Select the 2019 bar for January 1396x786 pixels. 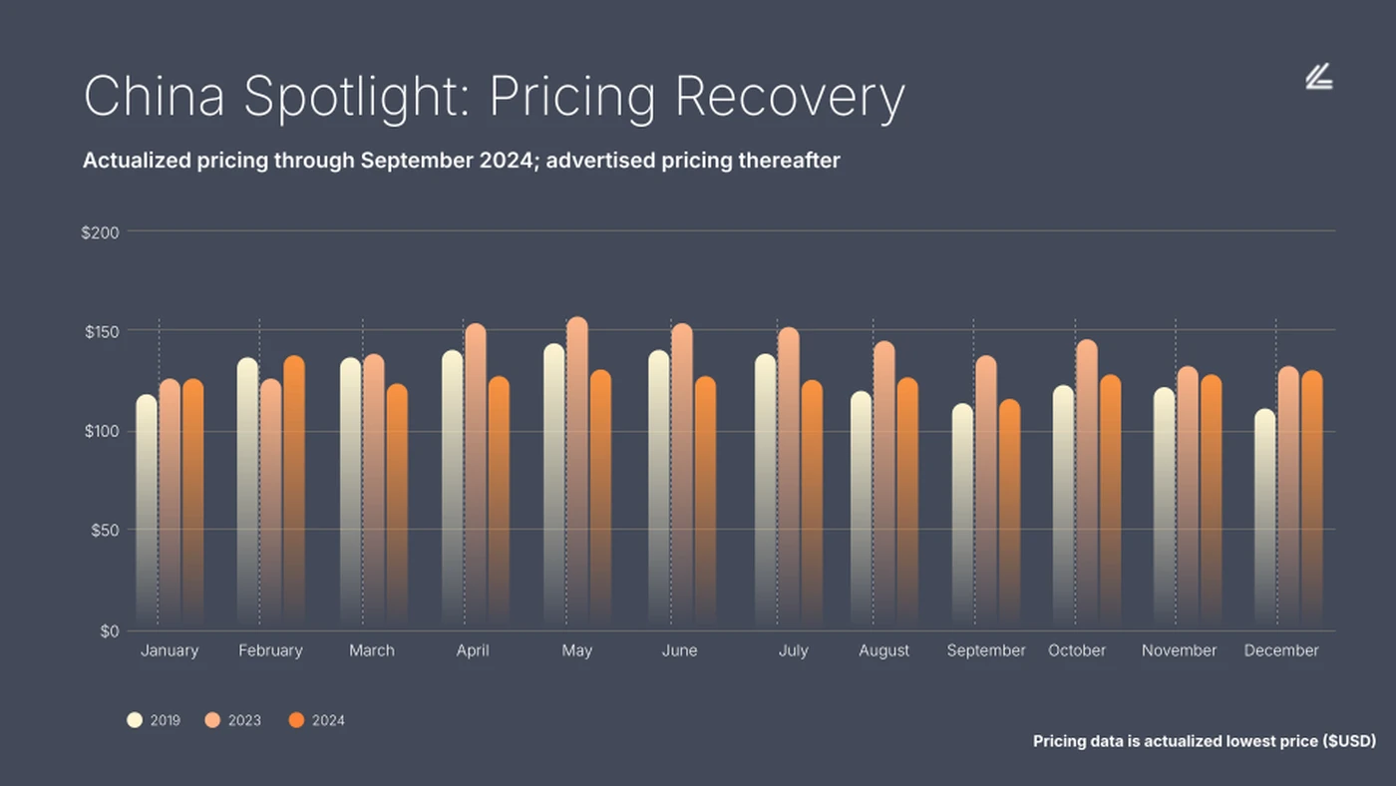(147, 509)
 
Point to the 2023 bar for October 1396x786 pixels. (1087, 484)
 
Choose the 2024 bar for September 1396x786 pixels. (1009, 514)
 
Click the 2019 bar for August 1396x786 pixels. (861, 509)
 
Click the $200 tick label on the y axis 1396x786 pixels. (100, 232)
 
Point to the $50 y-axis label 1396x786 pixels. (103, 530)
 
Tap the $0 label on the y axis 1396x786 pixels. (109, 630)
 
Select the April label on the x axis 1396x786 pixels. (473, 650)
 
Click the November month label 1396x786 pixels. (1179, 650)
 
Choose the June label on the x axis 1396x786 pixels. (679, 650)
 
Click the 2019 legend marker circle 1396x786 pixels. (135, 720)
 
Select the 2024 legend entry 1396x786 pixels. (317, 720)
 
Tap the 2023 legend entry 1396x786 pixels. (233, 720)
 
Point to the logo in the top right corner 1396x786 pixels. (1319, 77)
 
